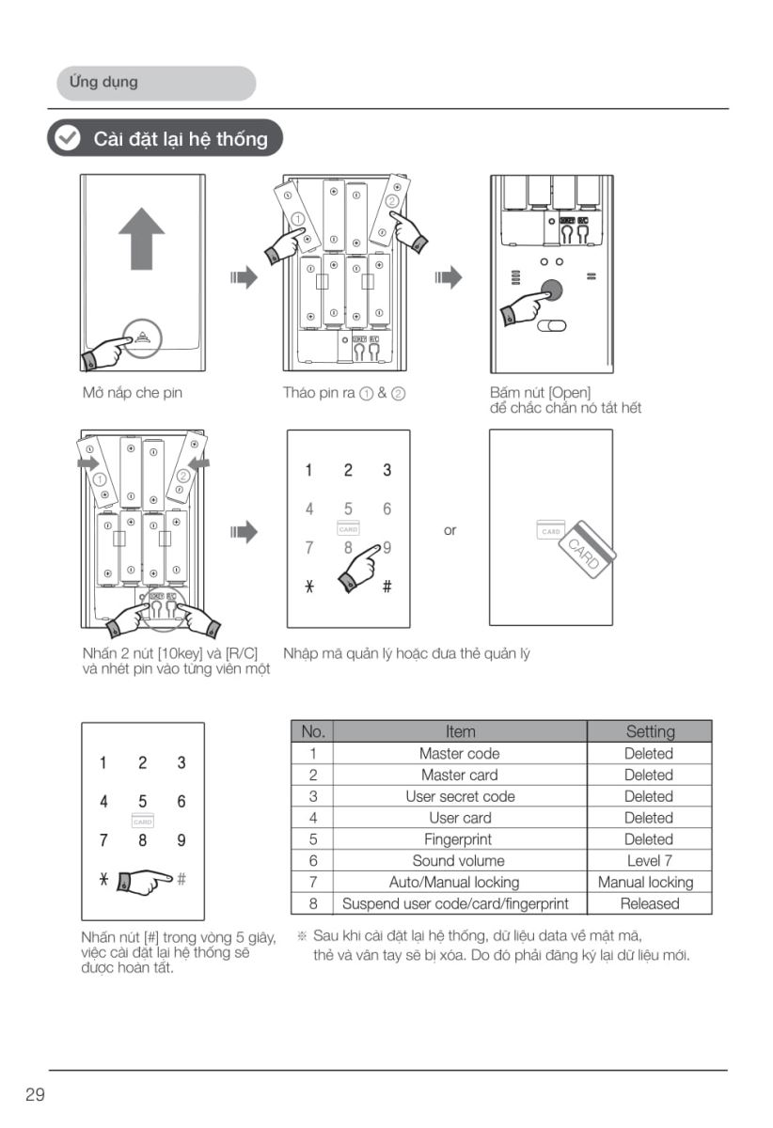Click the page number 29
(35, 1095)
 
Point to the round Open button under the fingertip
(552, 290)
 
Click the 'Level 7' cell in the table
(649, 861)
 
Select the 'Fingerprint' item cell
(459, 839)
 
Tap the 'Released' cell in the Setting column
(649, 904)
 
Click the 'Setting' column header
(649, 731)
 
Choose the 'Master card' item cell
(459, 775)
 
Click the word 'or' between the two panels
(450, 531)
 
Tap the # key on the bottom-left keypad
(181, 879)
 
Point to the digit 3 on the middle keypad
(386, 470)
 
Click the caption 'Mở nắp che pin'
(133, 393)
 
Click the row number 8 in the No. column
(312, 904)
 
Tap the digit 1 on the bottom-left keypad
(103, 763)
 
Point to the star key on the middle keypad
(308, 587)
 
